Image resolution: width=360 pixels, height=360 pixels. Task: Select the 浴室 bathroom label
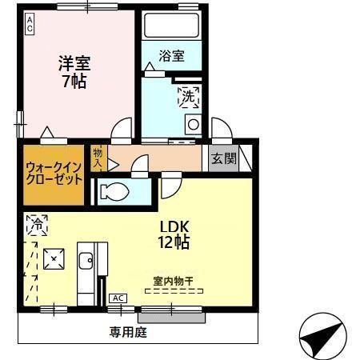(x=171, y=56)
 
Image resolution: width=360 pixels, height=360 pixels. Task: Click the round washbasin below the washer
(x=193, y=124)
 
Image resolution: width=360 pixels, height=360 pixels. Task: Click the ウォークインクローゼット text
(x=54, y=174)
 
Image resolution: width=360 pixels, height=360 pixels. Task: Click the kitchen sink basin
(x=86, y=261)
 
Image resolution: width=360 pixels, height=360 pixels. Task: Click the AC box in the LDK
(x=118, y=298)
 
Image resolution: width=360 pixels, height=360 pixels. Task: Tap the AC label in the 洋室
(x=30, y=24)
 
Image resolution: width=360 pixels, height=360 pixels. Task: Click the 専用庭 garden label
(x=128, y=330)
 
